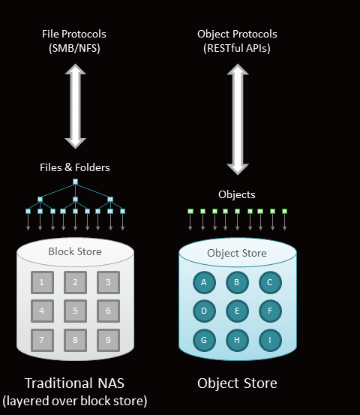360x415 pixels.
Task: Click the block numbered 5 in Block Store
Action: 76,311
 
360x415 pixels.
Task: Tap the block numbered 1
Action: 42,282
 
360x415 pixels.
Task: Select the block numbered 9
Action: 108,340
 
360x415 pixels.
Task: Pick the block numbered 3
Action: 108,282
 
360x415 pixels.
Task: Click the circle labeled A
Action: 204,283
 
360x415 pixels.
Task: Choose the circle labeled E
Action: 237,311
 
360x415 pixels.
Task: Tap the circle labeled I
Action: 270,340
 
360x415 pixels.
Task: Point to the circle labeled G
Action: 204,340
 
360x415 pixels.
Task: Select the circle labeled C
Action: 270,283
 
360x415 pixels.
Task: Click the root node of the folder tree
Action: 76,182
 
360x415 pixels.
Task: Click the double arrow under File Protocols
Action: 76,106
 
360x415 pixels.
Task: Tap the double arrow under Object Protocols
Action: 238,119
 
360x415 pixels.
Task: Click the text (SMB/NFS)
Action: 74,49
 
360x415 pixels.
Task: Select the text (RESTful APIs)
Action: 237,49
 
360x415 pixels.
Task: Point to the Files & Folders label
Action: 75,167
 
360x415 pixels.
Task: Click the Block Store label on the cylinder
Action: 75,251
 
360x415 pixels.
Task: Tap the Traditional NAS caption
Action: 74,383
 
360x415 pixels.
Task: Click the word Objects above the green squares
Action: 237,195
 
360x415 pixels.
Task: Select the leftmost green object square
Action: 190,211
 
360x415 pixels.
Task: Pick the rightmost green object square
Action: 284,211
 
